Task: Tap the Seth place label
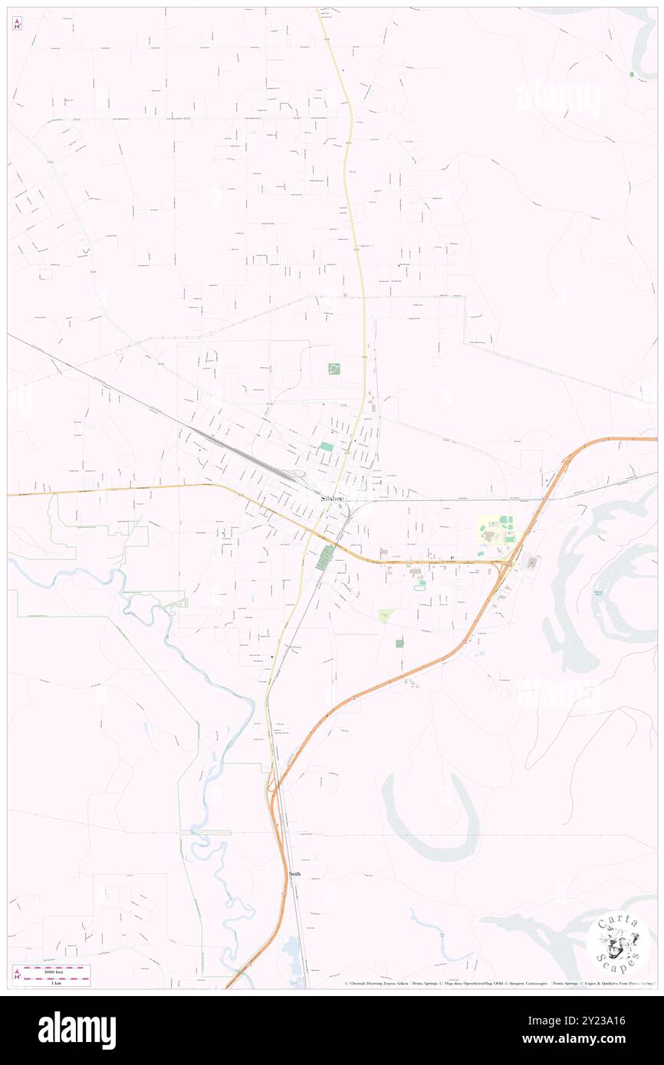pos(294,873)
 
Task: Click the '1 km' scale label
pos(56,982)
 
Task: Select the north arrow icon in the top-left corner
pos(17,25)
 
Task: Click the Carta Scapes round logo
pos(617,944)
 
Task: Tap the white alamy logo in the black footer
pos(77,1031)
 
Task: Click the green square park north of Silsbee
pos(334,369)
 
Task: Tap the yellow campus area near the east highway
pos(498,531)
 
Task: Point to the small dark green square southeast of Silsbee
pos(399,644)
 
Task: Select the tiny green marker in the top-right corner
pos(631,74)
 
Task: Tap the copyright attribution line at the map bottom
pos(498,983)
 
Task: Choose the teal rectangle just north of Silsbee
pos(327,446)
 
